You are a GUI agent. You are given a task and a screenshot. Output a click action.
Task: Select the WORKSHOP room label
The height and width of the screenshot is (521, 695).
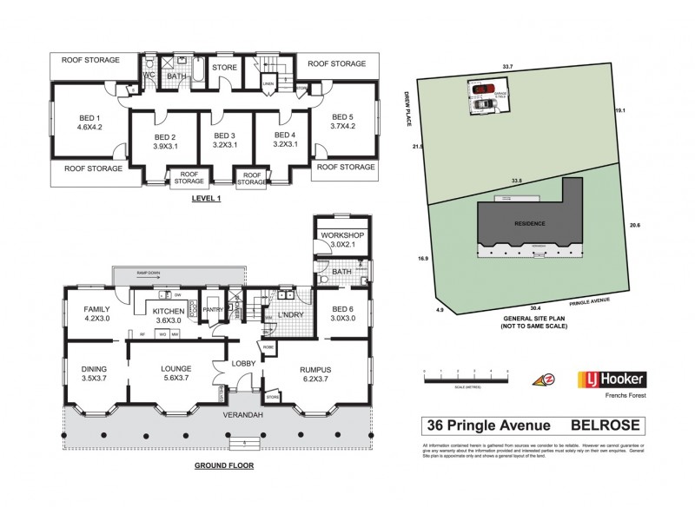[342, 236]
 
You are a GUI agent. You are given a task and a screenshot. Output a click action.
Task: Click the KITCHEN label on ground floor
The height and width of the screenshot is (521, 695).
[169, 311]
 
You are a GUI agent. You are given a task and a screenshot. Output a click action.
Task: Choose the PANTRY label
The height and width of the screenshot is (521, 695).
[213, 308]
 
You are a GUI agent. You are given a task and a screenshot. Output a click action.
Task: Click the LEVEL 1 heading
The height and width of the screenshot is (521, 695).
[207, 198]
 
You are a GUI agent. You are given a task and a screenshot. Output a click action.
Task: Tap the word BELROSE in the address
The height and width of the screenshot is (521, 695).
[606, 425]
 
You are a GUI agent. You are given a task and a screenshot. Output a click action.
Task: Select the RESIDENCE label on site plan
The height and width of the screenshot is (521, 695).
[529, 223]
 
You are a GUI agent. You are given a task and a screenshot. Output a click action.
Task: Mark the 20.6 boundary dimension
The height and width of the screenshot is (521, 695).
[634, 226]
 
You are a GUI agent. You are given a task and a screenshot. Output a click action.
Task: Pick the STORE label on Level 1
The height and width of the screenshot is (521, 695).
[224, 66]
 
